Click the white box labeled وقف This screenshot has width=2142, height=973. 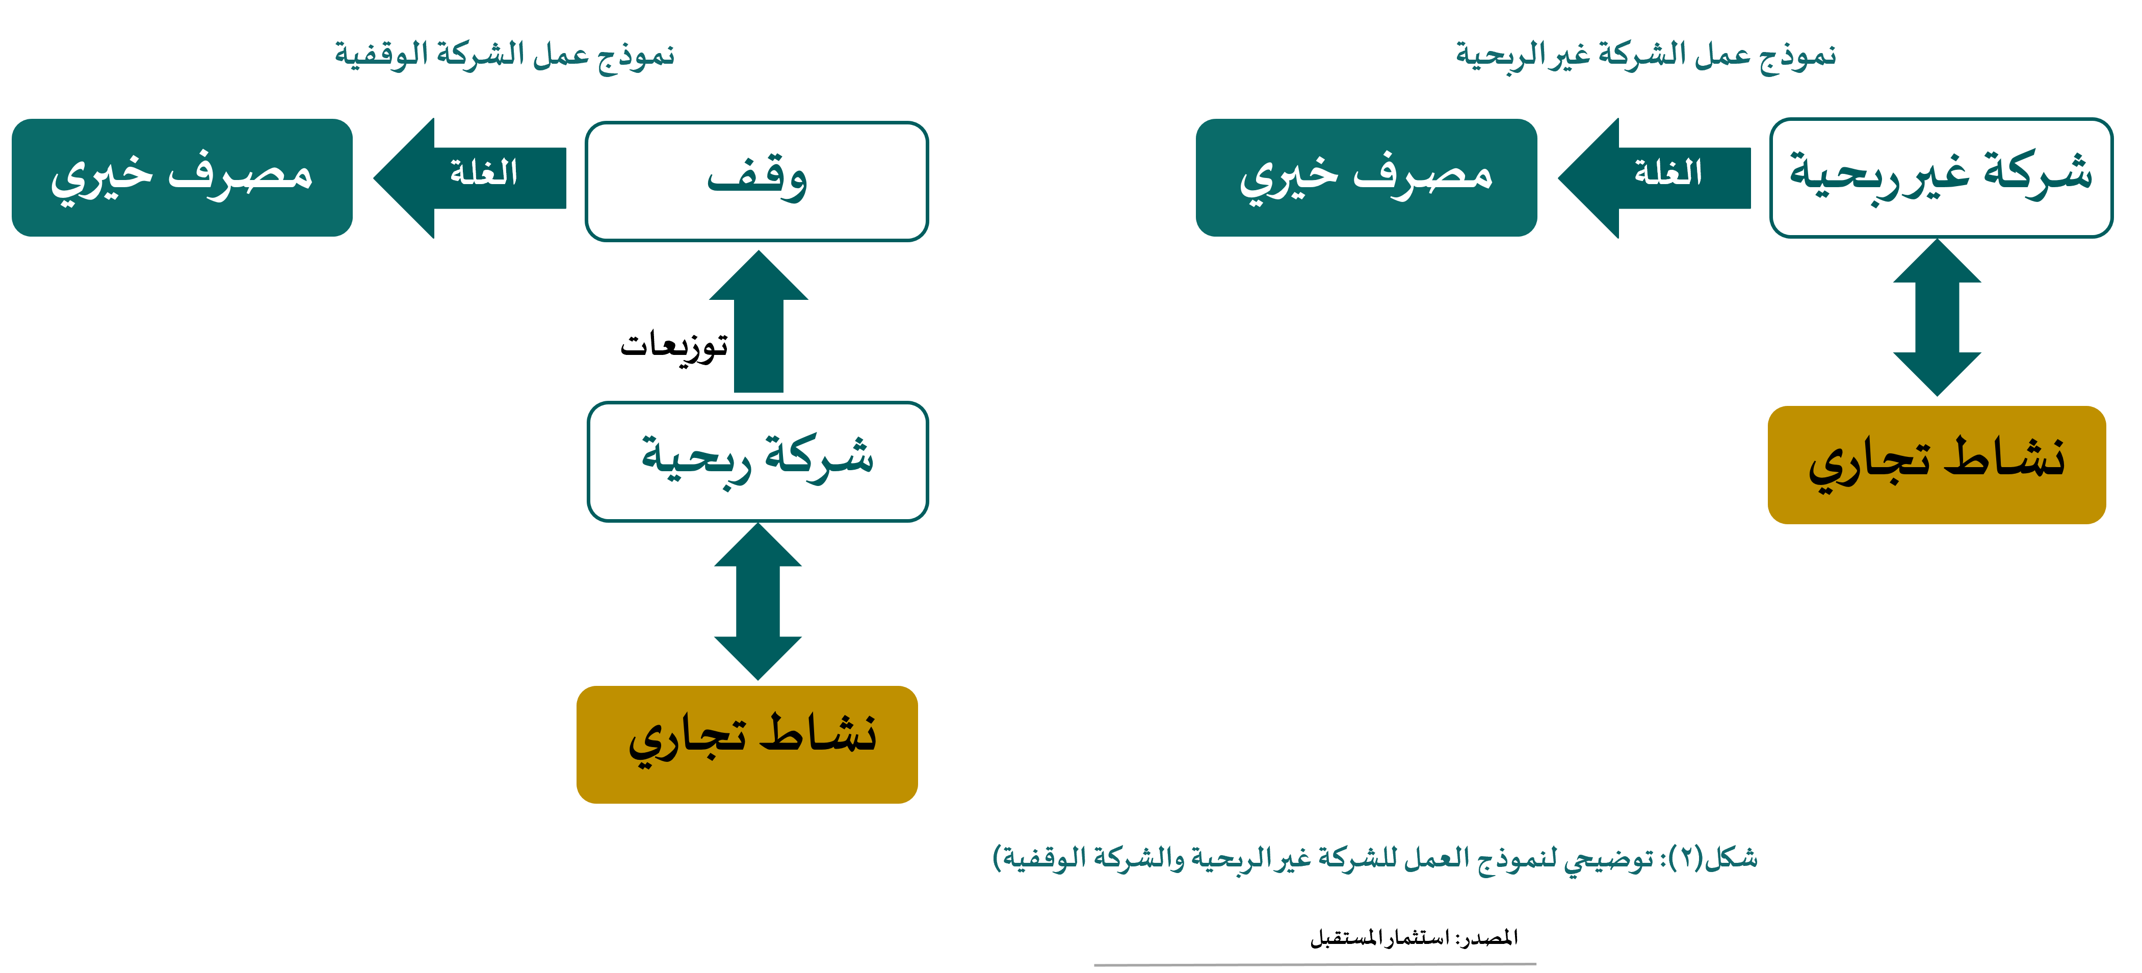pos(756,182)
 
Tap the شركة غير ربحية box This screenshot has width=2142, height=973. pos(1941,177)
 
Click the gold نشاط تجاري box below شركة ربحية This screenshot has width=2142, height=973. pos(747,745)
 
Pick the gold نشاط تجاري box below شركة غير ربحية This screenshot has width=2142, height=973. pos(1937,465)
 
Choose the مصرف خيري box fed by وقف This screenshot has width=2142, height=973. pos(182,177)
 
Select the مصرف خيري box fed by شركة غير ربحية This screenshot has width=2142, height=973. pos(1366,177)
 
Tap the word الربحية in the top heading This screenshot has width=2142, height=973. pos(1497,56)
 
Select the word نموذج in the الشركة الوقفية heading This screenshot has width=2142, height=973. pos(636,56)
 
